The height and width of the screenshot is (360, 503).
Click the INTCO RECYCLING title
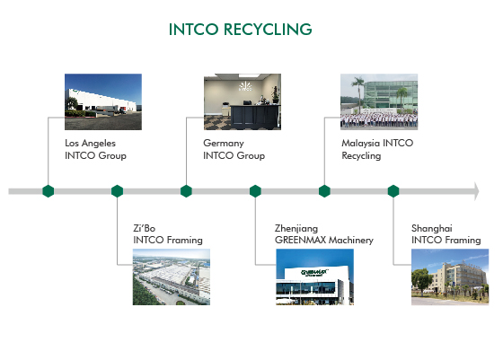241,29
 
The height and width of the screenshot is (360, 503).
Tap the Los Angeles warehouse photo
103,101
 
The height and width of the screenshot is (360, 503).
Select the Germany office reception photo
243,101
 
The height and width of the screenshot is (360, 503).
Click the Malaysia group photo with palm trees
379,101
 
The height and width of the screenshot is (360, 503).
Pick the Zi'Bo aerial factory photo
172,277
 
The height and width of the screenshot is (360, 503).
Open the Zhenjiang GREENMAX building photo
314,277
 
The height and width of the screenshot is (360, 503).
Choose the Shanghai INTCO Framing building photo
450,277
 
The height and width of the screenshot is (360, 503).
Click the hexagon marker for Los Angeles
49,191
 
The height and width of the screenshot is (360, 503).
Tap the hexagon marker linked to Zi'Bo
117,191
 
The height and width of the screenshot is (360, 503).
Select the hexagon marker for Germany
186,191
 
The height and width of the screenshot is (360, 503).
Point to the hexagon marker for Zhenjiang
255,191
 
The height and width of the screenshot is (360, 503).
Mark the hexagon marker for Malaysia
324,191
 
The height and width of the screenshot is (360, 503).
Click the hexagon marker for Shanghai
393,191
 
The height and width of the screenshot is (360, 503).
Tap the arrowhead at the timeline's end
476,191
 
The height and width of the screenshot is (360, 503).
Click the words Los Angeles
90,144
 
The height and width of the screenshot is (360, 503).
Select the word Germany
224,144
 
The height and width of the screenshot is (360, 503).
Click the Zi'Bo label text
145,228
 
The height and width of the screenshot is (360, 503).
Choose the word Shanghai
432,229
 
